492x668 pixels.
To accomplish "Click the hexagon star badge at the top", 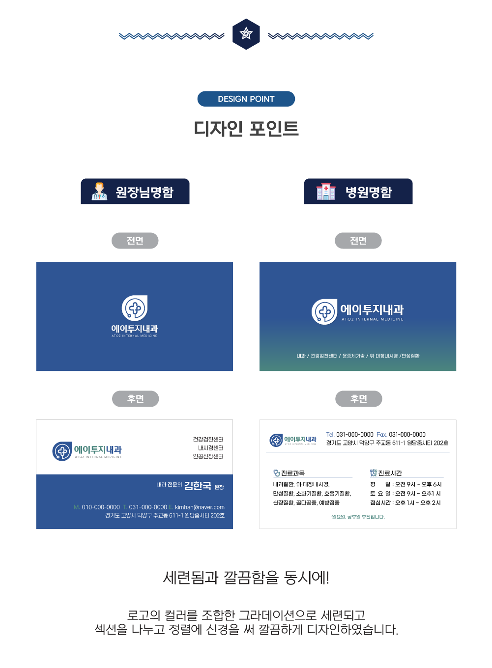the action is (x=246, y=34).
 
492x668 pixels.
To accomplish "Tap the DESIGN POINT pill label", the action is (x=246, y=99).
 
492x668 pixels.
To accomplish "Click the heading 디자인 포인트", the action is (x=246, y=129).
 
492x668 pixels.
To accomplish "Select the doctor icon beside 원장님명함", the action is (x=100, y=192).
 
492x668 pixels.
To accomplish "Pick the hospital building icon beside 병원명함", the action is (x=325, y=192).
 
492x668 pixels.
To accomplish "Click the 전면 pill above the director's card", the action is (x=135, y=241).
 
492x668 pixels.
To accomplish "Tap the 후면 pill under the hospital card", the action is (x=358, y=399).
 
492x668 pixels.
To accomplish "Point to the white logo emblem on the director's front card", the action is (x=135, y=308).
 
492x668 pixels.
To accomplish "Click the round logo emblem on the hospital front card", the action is (x=324, y=311).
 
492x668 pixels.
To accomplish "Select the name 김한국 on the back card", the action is (x=198, y=486).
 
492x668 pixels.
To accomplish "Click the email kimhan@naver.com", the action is (x=200, y=507).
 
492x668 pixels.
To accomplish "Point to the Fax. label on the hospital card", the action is (x=382, y=435).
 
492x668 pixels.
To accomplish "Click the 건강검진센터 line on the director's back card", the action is (x=208, y=439).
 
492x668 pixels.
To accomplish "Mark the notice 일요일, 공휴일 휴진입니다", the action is (x=358, y=517).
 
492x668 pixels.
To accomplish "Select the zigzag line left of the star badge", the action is (x=172, y=36).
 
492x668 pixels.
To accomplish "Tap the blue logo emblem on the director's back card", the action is (x=62, y=451).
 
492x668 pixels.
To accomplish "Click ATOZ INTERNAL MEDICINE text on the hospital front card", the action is (x=373, y=319).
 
